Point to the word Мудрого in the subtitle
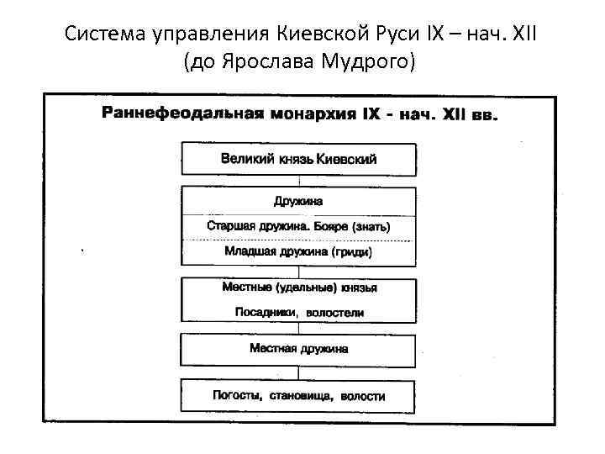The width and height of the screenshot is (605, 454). point(368,62)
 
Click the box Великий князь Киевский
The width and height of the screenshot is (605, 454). point(298,159)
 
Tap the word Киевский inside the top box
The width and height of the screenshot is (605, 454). point(347,159)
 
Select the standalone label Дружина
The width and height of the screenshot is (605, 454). point(298,202)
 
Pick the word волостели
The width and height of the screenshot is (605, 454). point(338,312)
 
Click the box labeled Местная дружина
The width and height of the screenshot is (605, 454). point(298,349)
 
